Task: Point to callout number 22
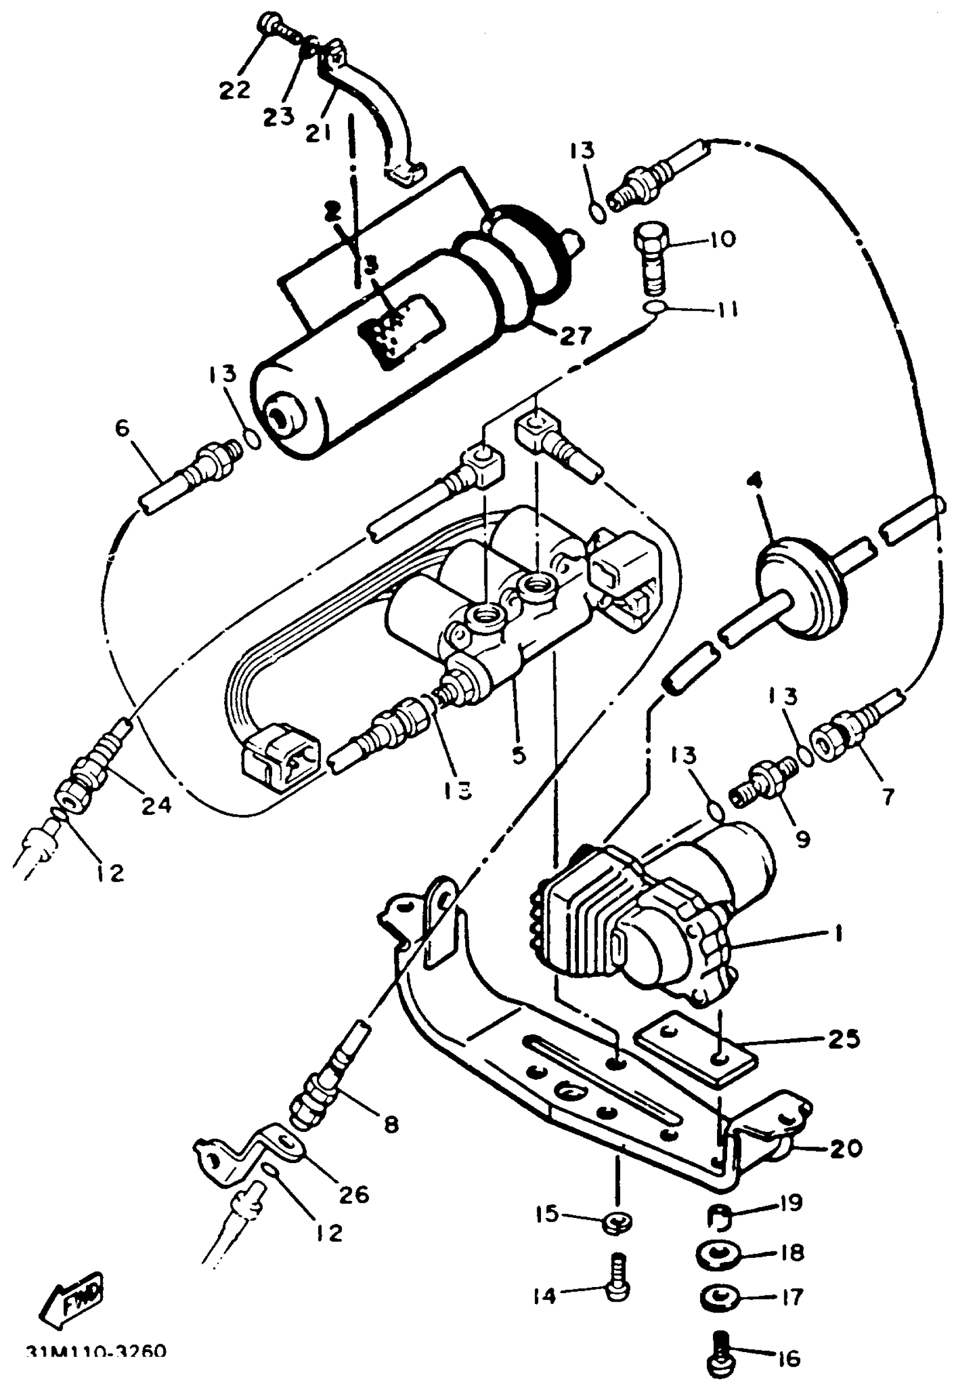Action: pos(234,89)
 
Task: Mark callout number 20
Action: pos(844,1148)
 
